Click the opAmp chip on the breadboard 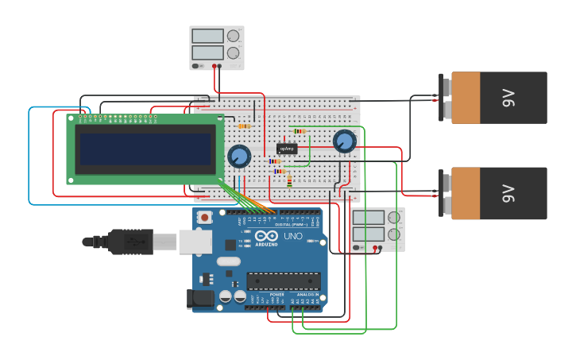coord(287,149)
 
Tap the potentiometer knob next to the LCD coord(239,156)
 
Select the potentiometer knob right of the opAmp coord(344,141)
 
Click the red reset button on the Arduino coord(205,217)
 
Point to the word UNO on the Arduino coord(293,236)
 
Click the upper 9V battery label coord(508,98)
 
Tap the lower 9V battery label coord(508,193)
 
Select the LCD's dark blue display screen coord(145,149)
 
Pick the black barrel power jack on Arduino coord(200,299)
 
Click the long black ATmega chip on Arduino coord(284,281)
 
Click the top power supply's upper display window coord(207,37)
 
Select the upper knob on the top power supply coord(234,37)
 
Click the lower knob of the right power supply coord(394,234)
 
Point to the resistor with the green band coord(300,131)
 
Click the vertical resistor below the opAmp coord(289,181)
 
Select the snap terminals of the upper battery coord(446,98)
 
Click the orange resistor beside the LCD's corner coord(244,126)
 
